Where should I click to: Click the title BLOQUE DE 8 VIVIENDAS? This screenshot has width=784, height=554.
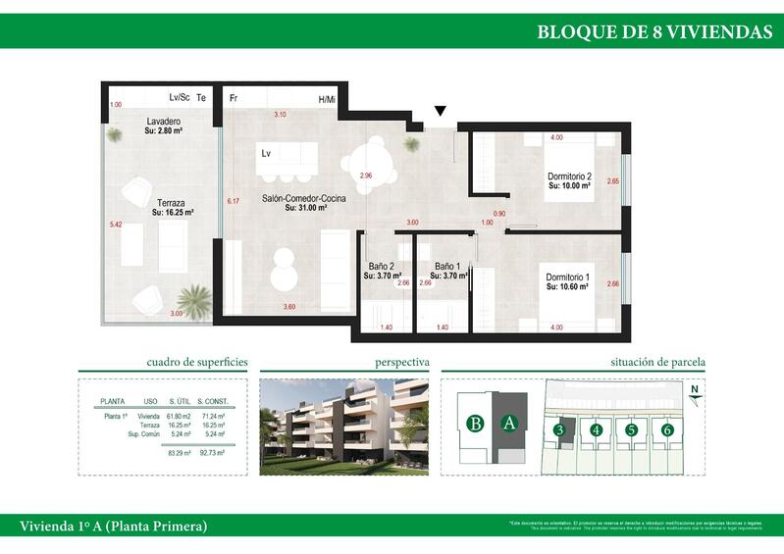click(654, 31)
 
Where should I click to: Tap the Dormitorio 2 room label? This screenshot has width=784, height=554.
click(569, 177)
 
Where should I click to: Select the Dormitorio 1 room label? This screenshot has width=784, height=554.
click(567, 278)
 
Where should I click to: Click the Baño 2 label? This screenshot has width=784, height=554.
click(381, 267)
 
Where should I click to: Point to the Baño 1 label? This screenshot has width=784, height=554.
click(447, 267)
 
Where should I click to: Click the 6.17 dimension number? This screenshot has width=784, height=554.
click(233, 201)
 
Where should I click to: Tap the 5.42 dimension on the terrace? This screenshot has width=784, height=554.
click(116, 225)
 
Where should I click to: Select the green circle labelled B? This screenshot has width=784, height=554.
click(476, 424)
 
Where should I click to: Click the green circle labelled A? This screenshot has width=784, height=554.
click(508, 424)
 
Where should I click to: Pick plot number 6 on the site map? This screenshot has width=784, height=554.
click(667, 429)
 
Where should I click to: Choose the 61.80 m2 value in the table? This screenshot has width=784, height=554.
click(178, 417)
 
